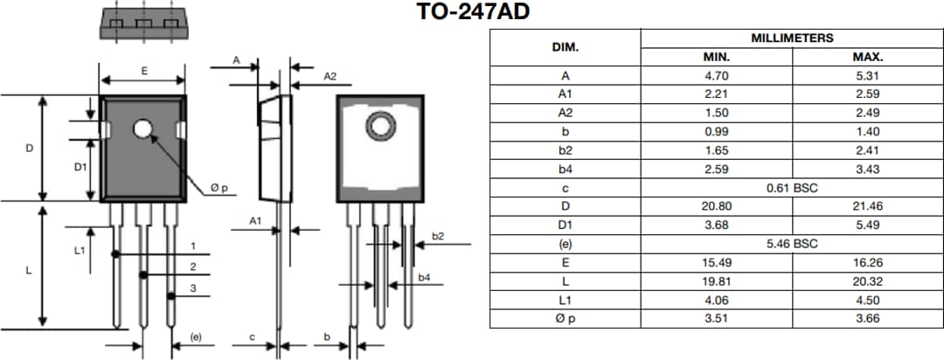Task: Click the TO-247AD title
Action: point(473,12)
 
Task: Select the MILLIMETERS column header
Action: point(792,38)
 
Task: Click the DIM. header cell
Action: point(566,47)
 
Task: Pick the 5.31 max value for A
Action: point(867,75)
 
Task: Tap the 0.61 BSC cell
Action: point(792,188)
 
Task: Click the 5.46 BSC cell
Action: point(792,244)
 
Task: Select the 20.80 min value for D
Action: point(717,206)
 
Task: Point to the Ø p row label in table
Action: point(566,319)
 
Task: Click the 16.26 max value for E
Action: point(867,262)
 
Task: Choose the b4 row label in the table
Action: point(566,169)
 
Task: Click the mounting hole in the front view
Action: point(143,130)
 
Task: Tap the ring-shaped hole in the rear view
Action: point(381,127)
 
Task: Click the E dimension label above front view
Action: point(143,72)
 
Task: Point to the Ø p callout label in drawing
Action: point(219,188)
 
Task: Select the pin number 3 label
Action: point(192,288)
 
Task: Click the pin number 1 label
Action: point(192,246)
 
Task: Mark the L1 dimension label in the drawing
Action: point(80,250)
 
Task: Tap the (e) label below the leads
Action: point(196,336)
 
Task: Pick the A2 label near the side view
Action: point(330,77)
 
